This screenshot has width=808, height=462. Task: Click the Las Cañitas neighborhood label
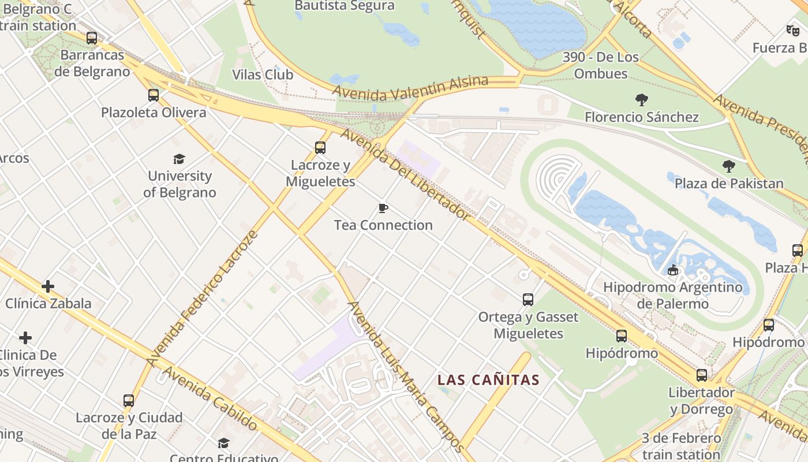point(488,380)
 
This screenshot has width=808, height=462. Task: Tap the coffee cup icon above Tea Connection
point(383,208)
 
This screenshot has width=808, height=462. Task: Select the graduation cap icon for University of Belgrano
point(179,159)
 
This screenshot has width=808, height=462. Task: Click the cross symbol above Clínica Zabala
point(48,286)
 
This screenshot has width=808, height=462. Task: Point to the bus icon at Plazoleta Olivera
point(153,95)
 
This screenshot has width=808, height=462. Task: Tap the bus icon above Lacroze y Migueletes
point(320,148)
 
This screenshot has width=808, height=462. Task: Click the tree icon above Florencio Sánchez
point(641,100)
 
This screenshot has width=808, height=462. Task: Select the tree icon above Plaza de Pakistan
point(729,166)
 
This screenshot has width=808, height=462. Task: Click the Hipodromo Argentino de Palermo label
point(672,295)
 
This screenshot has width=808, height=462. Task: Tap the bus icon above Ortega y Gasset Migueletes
point(528,299)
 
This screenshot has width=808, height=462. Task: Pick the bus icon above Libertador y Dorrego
point(702,375)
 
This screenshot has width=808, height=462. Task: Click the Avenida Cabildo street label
point(210,398)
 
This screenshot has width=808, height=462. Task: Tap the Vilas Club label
point(262,74)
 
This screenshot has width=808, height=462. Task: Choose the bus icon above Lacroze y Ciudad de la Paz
point(129,400)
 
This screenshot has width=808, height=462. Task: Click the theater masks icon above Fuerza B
point(792,30)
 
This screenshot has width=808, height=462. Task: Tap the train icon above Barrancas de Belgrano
point(92,38)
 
